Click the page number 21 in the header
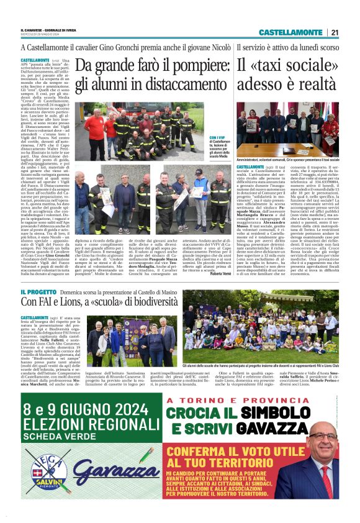tap(335, 32)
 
